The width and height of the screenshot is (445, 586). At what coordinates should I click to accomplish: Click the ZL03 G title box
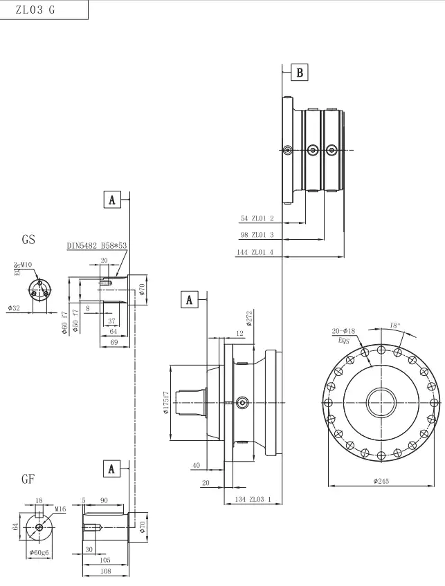coord(44,10)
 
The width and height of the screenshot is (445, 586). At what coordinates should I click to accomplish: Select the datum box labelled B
coord(299,72)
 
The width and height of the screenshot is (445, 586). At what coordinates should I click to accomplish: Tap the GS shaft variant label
coord(28,240)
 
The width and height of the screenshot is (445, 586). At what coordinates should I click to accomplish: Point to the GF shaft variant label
coord(28,478)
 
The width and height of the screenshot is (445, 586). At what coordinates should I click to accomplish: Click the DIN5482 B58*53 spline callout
coord(97,245)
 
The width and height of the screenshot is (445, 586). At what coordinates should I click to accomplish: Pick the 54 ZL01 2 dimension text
coord(257,218)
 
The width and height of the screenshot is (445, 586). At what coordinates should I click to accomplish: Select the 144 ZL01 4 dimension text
coord(255,252)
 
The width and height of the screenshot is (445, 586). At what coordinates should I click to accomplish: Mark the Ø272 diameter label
coord(248,319)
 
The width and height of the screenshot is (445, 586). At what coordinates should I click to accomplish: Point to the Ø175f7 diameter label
coord(166,403)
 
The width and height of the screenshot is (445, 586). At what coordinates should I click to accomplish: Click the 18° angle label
coord(394,324)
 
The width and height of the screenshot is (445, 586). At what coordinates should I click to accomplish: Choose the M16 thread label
coord(60,509)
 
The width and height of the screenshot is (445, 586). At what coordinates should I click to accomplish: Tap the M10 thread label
coord(26,265)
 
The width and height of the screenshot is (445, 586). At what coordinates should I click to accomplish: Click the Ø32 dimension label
coord(14,308)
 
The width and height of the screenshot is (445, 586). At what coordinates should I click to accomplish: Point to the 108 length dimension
coord(105,571)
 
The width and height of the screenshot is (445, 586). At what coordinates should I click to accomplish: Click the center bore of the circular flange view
coord(381,403)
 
